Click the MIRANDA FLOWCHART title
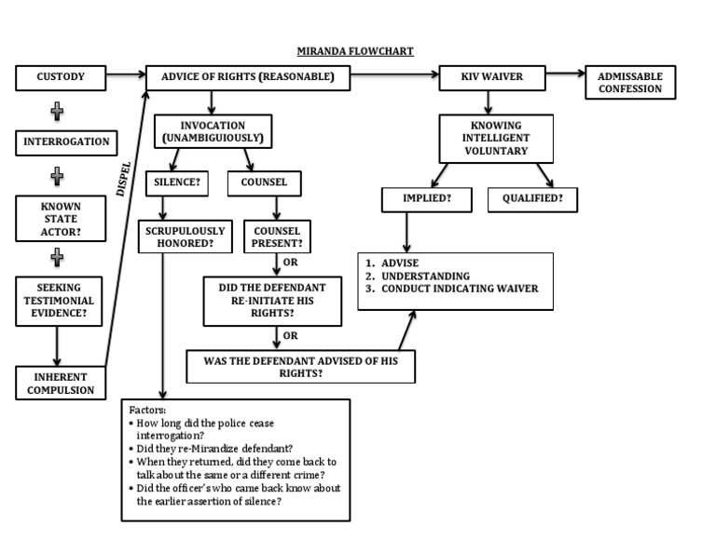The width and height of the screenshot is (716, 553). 355,52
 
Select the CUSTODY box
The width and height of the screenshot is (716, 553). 62,77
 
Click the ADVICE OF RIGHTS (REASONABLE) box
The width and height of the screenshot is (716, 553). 248,77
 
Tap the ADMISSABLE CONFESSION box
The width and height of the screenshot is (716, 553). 630,83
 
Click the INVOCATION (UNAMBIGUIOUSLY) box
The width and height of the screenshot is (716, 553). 213,131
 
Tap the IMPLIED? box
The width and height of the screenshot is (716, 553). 415,199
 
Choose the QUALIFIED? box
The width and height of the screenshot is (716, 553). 532,199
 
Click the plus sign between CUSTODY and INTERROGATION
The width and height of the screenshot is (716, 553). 57,111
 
